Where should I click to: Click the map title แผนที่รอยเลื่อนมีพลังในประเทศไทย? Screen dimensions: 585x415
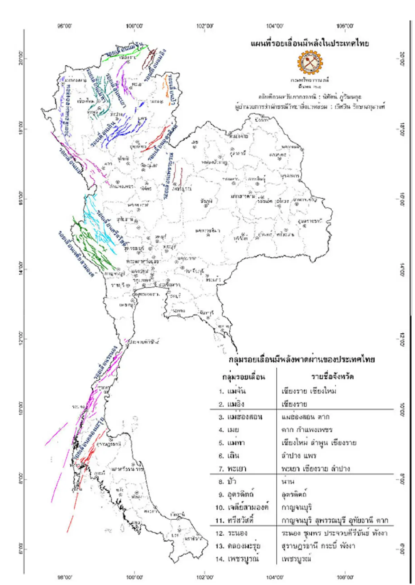310,44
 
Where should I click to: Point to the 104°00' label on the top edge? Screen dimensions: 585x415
275,26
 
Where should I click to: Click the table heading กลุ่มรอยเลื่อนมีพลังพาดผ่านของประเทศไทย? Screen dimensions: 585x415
302,359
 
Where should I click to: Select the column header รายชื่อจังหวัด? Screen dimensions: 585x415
332,376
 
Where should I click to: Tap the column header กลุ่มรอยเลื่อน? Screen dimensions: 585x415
244,377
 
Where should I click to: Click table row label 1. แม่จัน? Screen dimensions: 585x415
232,391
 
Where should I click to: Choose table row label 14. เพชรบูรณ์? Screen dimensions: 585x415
237,559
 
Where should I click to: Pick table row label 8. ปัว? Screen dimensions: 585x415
227,481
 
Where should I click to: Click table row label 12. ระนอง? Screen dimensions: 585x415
231,533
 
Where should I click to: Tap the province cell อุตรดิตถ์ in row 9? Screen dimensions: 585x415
294,494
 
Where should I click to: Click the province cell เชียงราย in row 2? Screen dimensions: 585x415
294,404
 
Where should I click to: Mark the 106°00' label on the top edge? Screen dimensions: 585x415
345,26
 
